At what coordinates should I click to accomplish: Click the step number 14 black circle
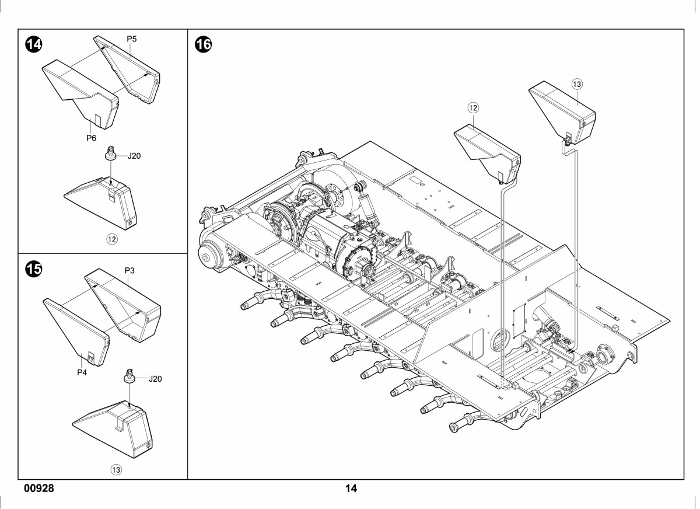[x=33, y=44]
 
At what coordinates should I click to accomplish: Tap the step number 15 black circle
[x=33, y=269]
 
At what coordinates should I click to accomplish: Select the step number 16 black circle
[x=203, y=44]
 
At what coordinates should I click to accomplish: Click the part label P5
[x=132, y=39]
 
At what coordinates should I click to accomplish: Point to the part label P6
[x=91, y=138]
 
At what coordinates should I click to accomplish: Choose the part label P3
[x=129, y=270]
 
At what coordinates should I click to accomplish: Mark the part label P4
[x=82, y=372]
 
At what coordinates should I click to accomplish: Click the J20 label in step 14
[x=134, y=156]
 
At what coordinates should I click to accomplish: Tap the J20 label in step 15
[x=155, y=379]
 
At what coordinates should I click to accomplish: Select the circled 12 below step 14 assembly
[x=112, y=239]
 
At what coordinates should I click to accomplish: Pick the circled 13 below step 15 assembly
[x=116, y=470]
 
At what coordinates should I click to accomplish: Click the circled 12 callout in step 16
[x=473, y=108]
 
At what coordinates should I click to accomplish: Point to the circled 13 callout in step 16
[x=577, y=84]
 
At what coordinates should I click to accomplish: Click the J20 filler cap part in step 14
[x=110, y=153]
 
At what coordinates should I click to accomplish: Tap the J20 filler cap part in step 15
[x=129, y=376]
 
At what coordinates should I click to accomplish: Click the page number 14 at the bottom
[x=351, y=489]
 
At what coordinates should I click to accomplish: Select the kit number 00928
[x=39, y=489]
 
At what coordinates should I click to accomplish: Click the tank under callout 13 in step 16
[x=562, y=113]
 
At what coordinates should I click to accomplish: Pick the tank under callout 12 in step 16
[x=488, y=154]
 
